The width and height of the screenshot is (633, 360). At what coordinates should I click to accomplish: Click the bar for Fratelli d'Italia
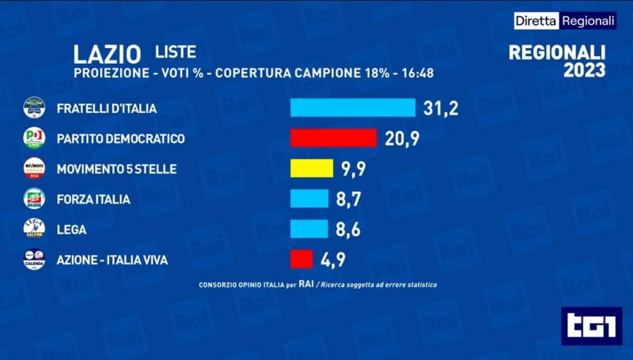(x=352, y=108)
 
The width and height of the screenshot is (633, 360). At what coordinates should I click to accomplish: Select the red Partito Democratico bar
(x=333, y=138)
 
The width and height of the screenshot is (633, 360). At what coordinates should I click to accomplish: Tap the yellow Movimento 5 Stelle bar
(x=312, y=169)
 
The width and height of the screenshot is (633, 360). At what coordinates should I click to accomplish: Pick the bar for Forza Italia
(x=309, y=199)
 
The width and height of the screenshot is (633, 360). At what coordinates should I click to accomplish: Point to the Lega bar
(x=309, y=229)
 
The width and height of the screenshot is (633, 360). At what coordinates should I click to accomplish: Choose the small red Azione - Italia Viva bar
(x=302, y=259)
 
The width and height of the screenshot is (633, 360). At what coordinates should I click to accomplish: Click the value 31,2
(x=440, y=108)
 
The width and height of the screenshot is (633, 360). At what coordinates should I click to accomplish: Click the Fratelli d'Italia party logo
(x=34, y=108)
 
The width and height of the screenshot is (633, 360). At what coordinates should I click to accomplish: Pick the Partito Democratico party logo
(x=34, y=138)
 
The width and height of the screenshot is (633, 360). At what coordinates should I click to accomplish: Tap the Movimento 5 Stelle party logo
(x=34, y=169)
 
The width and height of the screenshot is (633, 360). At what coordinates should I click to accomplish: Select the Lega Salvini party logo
(x=34, y=229)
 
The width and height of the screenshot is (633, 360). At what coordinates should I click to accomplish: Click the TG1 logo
(x=591, y=326)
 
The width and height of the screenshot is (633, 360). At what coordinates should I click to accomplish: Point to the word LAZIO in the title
(x=107, y=55)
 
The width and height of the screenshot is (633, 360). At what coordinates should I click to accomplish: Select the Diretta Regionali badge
(x=565, y=21)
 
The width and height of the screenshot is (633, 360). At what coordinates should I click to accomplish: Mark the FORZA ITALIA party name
(x=93, y=199)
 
